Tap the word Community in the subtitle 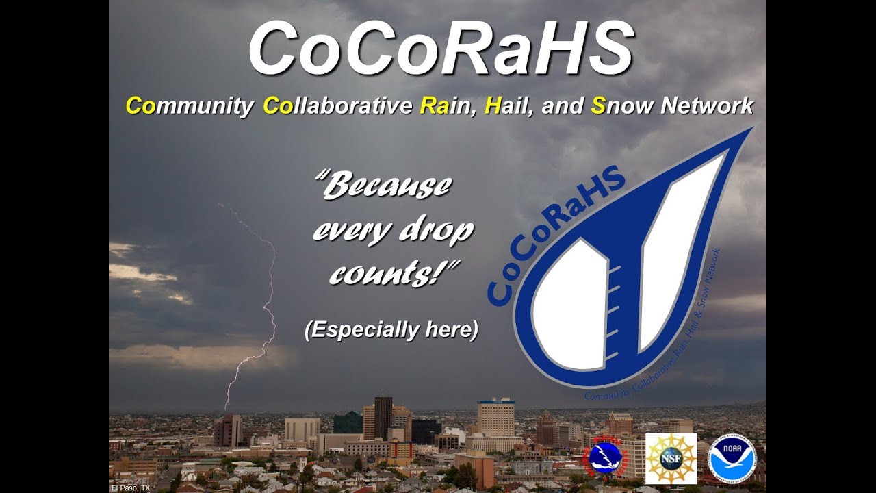(189, 107)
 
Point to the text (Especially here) (391, 330)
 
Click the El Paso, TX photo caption (130, 488)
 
